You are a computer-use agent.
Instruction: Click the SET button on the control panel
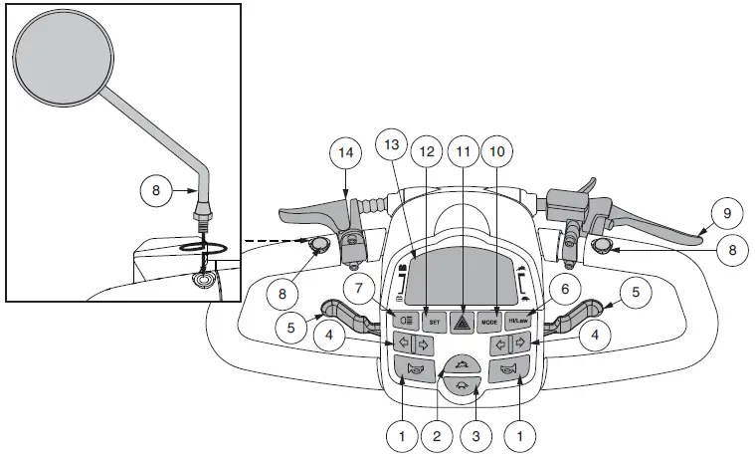pos(433,322)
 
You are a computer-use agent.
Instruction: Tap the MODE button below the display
pos(488,322)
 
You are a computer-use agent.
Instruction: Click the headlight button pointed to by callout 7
pos(405,321)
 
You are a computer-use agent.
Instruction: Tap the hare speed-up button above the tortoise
pos(461,365)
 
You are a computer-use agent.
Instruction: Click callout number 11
pos(462,151)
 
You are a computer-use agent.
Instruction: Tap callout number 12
pos(426,151)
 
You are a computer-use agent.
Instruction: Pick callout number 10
pos(497,151)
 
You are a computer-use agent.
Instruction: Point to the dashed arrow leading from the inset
pos(269,240)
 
